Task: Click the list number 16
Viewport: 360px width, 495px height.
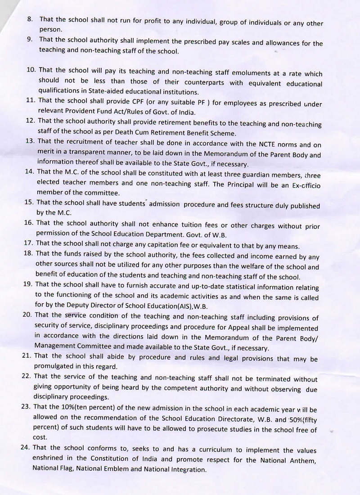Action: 28,222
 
